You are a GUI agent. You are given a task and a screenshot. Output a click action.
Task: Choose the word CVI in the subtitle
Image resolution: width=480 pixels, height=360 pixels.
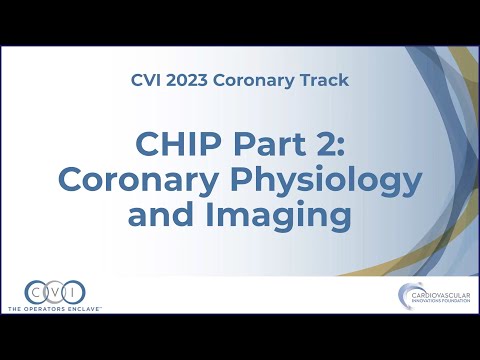point(146,79)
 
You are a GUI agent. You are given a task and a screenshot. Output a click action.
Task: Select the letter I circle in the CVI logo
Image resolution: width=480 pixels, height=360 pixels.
point(74,293)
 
